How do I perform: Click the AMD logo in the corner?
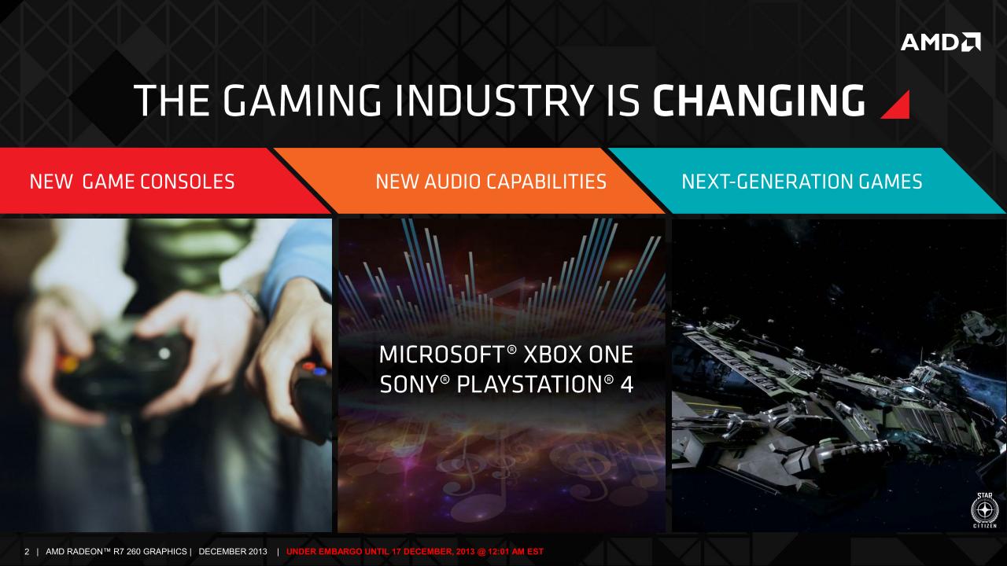(940, 42)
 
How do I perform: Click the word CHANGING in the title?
(759, 101)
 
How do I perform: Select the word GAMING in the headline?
(302, 101)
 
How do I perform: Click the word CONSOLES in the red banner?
(187, 182)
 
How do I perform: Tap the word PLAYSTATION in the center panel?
(529, 385)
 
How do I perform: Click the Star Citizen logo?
(984, 510)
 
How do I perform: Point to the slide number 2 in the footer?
(27, 552)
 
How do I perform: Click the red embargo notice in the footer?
(415, 552)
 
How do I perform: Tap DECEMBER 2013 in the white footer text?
(233, 552)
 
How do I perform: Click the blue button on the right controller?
(319, 371)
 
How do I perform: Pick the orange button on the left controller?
(67, 362)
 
